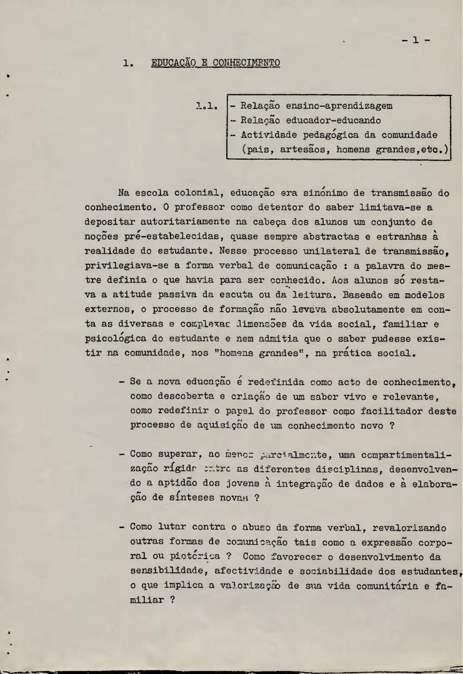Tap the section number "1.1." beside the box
[x=207, y=106]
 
